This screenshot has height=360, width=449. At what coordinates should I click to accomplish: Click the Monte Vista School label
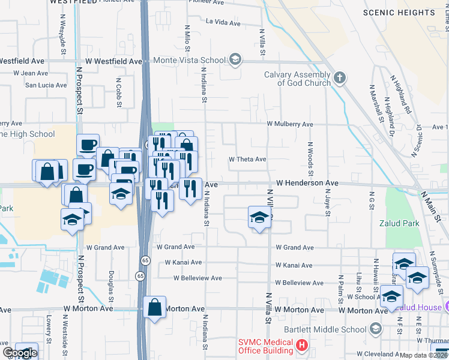(189, 60)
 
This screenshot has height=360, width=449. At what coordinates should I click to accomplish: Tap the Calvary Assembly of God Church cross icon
(340, 77)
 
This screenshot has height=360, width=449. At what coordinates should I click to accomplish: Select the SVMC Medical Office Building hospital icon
(302, 346)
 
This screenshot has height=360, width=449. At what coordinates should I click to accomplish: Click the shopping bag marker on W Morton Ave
(155, 308)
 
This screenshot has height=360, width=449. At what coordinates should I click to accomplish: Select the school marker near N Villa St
(259, 218)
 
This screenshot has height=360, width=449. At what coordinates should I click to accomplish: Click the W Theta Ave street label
(247, 160)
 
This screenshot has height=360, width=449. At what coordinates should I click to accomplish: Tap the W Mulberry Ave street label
(290, 124)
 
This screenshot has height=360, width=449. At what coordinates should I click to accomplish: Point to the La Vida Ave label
(223, 23)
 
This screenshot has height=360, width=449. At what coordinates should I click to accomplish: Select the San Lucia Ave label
(45, 85)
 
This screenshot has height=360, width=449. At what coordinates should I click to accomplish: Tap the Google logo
(20, 353)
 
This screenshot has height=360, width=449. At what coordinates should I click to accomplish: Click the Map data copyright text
(423, 355)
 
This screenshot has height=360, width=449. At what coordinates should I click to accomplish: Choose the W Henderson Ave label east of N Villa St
(307, 183)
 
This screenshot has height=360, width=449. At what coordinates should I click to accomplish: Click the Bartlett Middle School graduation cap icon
(375, 328)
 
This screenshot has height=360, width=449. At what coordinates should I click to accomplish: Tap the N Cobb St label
(119, 88)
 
